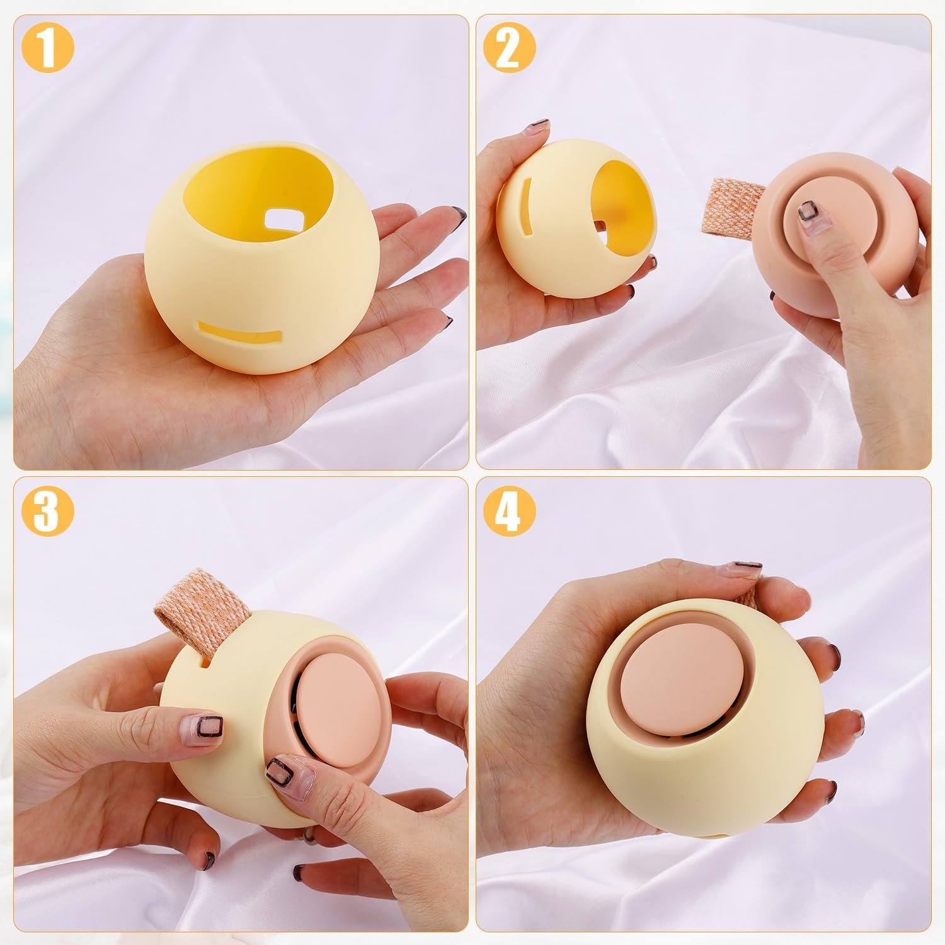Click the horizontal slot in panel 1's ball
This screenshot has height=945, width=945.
(239, 333)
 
